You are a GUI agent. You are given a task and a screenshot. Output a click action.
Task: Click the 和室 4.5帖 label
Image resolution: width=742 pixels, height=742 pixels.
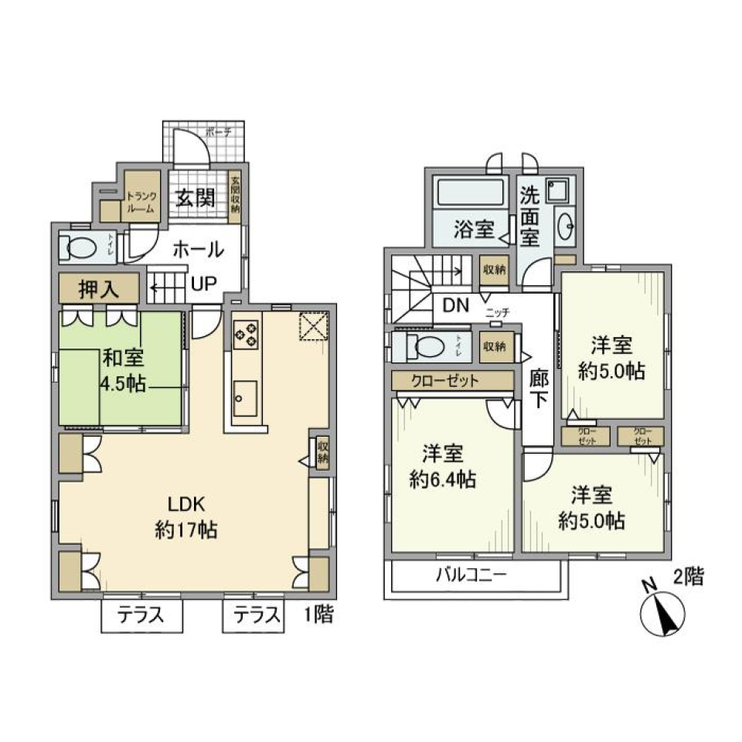coord(124,370)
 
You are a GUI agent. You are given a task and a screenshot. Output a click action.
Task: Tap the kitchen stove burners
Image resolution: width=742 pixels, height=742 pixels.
coord(247,334)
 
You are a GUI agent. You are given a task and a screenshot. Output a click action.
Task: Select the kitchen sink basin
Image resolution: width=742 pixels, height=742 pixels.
coord(246,398)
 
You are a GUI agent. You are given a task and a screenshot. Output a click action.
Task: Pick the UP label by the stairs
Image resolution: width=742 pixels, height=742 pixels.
coord(203,284)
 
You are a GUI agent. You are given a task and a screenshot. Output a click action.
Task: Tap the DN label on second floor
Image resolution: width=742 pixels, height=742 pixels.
coord(456,305)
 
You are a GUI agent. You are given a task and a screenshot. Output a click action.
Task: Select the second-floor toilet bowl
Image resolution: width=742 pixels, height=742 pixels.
coord(425,347)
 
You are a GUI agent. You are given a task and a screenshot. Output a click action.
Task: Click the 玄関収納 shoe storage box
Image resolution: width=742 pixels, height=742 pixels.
coord(235,196)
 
